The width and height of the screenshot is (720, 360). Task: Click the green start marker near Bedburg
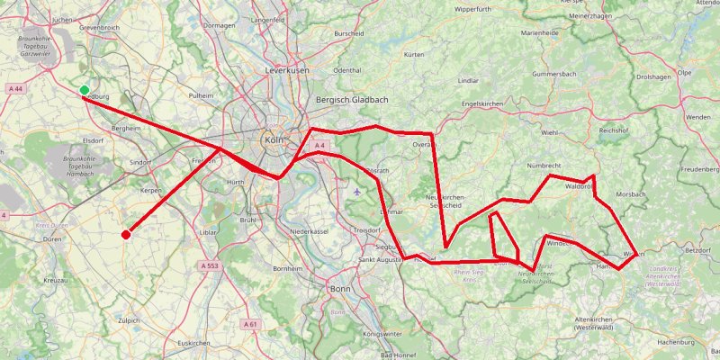click(84, 90)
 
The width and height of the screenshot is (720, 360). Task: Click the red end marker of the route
click(125, 235)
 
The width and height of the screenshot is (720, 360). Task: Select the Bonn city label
click(340, 289)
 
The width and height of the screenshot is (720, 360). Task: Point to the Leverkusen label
click(287, 69)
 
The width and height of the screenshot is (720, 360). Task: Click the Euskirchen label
click(193, 343)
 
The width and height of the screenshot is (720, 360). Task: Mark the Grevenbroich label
click(100, 29)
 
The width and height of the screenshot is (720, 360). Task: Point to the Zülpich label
click(130, 319)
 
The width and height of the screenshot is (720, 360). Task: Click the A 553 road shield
click(208, 265)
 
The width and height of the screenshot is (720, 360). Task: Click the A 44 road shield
click(15, 89)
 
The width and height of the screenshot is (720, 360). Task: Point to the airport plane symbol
click(359, 191)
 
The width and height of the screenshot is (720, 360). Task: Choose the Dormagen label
click(220, 25)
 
